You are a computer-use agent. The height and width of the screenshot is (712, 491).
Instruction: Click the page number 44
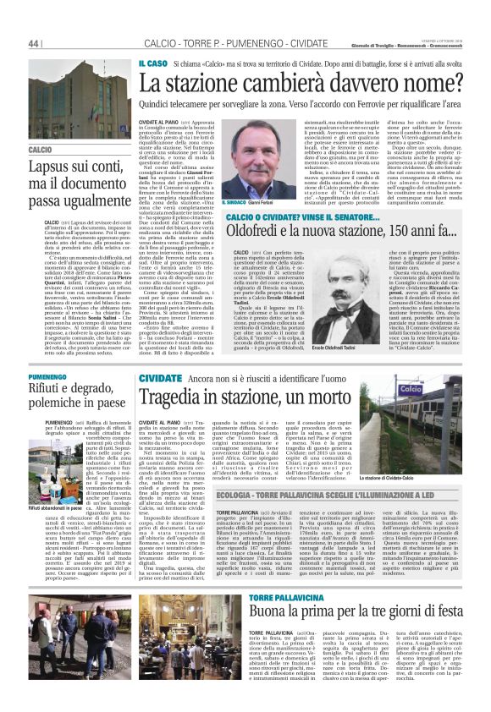(x=35, y=42)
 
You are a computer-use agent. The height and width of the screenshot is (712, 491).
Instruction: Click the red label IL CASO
(x=152, y=63)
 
